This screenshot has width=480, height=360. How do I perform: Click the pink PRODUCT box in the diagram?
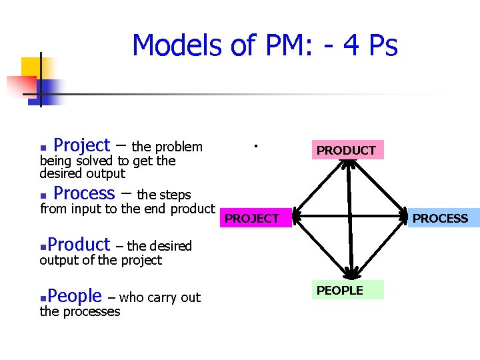346,151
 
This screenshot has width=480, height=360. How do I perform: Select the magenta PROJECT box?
252,218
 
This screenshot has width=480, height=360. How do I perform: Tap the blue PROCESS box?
440,218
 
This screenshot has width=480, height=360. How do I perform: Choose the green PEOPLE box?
340,290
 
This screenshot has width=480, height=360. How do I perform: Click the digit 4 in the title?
349,46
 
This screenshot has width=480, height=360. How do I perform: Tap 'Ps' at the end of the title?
383,46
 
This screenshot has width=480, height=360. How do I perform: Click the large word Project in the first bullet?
81,145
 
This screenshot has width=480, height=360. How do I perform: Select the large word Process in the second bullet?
84,193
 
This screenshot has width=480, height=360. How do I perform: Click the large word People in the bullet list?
75,295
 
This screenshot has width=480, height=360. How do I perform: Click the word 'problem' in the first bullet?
179,147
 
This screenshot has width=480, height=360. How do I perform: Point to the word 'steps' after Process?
175,195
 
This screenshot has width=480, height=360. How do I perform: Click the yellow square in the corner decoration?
30,67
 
